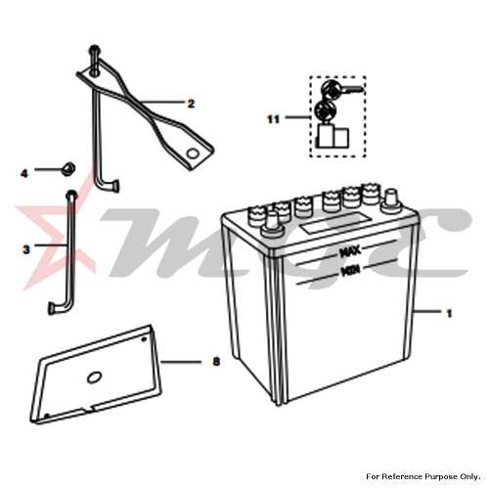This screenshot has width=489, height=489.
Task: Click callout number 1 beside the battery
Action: point(449,313)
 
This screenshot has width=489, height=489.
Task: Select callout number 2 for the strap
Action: point(191,104)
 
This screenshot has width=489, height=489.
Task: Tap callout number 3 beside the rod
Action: point(26,250)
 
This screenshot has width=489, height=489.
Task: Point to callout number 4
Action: point(24,174)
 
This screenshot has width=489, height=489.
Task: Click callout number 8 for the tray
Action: point(216,362)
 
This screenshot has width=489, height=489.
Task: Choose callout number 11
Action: point(273,119)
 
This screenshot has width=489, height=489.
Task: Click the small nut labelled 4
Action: point(68,168)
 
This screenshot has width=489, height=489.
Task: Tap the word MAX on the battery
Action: point(350,251)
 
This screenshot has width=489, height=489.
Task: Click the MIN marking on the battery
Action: point(350,271)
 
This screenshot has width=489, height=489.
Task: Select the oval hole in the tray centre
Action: point(94,378)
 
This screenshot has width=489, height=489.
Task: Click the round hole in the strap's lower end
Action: point(193,154)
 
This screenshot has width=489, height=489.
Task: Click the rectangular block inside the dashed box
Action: point(333,137)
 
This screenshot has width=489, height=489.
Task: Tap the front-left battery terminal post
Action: point(273,225)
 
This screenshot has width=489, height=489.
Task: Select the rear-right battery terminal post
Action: point(391,199)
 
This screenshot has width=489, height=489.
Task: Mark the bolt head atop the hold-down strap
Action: point(94,50)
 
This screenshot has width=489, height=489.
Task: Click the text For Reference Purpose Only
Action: point(423,476)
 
